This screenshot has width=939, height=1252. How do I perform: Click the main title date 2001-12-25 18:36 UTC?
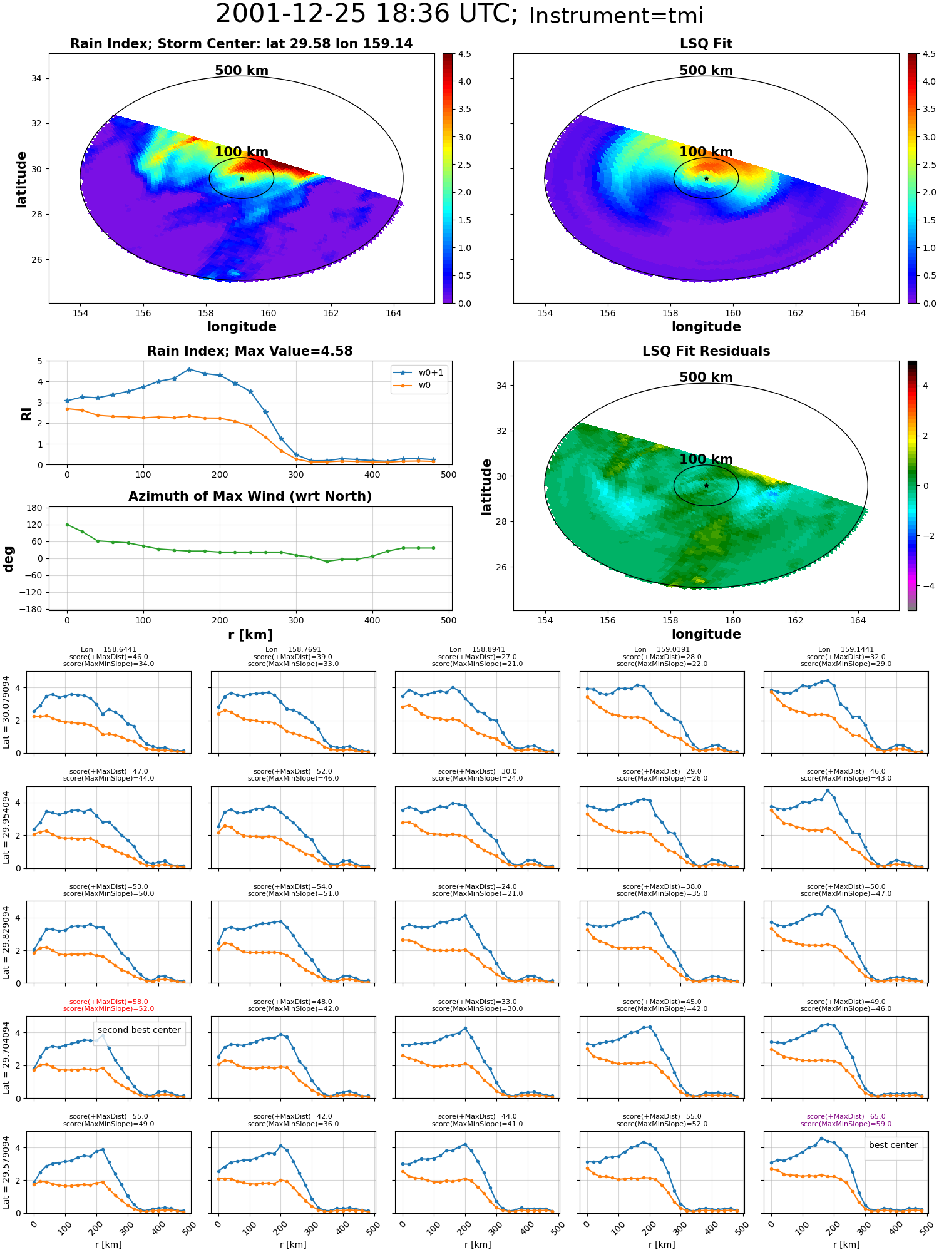[x=366, y=14]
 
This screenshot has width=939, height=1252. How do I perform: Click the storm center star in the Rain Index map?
[x=242, y=178]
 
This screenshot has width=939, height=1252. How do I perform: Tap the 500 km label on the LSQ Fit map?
[x=706, y=71]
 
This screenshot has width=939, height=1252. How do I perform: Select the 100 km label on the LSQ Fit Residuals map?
[x=706, y=459]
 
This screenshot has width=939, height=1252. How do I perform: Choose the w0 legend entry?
[x=413, y=386]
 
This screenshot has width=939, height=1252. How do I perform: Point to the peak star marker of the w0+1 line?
[x=189, y=369]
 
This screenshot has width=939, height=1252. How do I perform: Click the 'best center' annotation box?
[x=893, y=1145]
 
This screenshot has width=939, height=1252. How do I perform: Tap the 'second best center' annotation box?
[x=139, y=1030]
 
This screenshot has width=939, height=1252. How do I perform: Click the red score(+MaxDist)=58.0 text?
[x=109, y=1002]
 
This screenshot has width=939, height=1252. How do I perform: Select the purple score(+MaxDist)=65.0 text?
[x=846, y=1116]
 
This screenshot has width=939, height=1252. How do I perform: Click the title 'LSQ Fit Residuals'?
[x=706, y=351]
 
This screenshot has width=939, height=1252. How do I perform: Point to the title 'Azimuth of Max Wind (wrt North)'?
[x=250, y=496]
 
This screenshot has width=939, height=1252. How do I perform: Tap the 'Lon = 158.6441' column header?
[x=109, y=650]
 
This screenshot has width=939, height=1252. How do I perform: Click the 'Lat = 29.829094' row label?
[x=6, y=942]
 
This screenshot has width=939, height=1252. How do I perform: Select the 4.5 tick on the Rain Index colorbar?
[x=464, y=54]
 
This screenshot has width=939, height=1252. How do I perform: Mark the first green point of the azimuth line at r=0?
[x=67, y=525]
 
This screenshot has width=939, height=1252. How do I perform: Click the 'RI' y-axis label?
[x=26, y=414]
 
